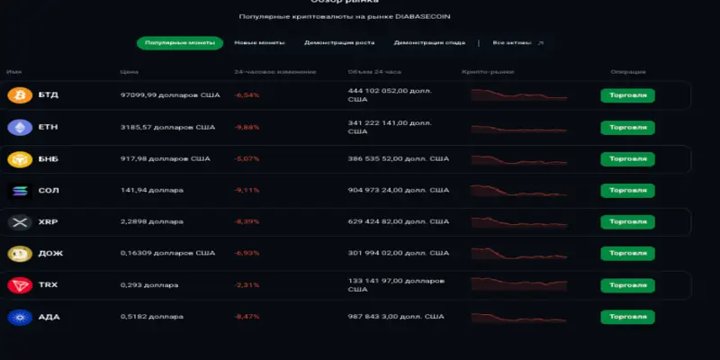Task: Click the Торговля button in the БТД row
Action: pos(627,95)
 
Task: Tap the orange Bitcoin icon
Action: pos(18,95)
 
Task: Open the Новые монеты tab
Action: pos(259,42)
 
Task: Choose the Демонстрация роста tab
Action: pos(339,42)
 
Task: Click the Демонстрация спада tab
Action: pos(429,42)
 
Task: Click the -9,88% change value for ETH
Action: pos(247,127)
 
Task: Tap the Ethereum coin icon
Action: pos(18,127)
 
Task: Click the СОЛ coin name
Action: pos(48,191)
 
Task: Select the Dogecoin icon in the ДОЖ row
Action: pos(18,254)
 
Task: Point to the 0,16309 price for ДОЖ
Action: pos(167,254)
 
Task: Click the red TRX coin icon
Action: pos(18,285)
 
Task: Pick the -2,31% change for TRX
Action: pos(247,285)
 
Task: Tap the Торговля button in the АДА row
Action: pos(627,317)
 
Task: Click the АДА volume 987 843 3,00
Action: pos(396,317)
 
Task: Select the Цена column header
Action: pos(129,71)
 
